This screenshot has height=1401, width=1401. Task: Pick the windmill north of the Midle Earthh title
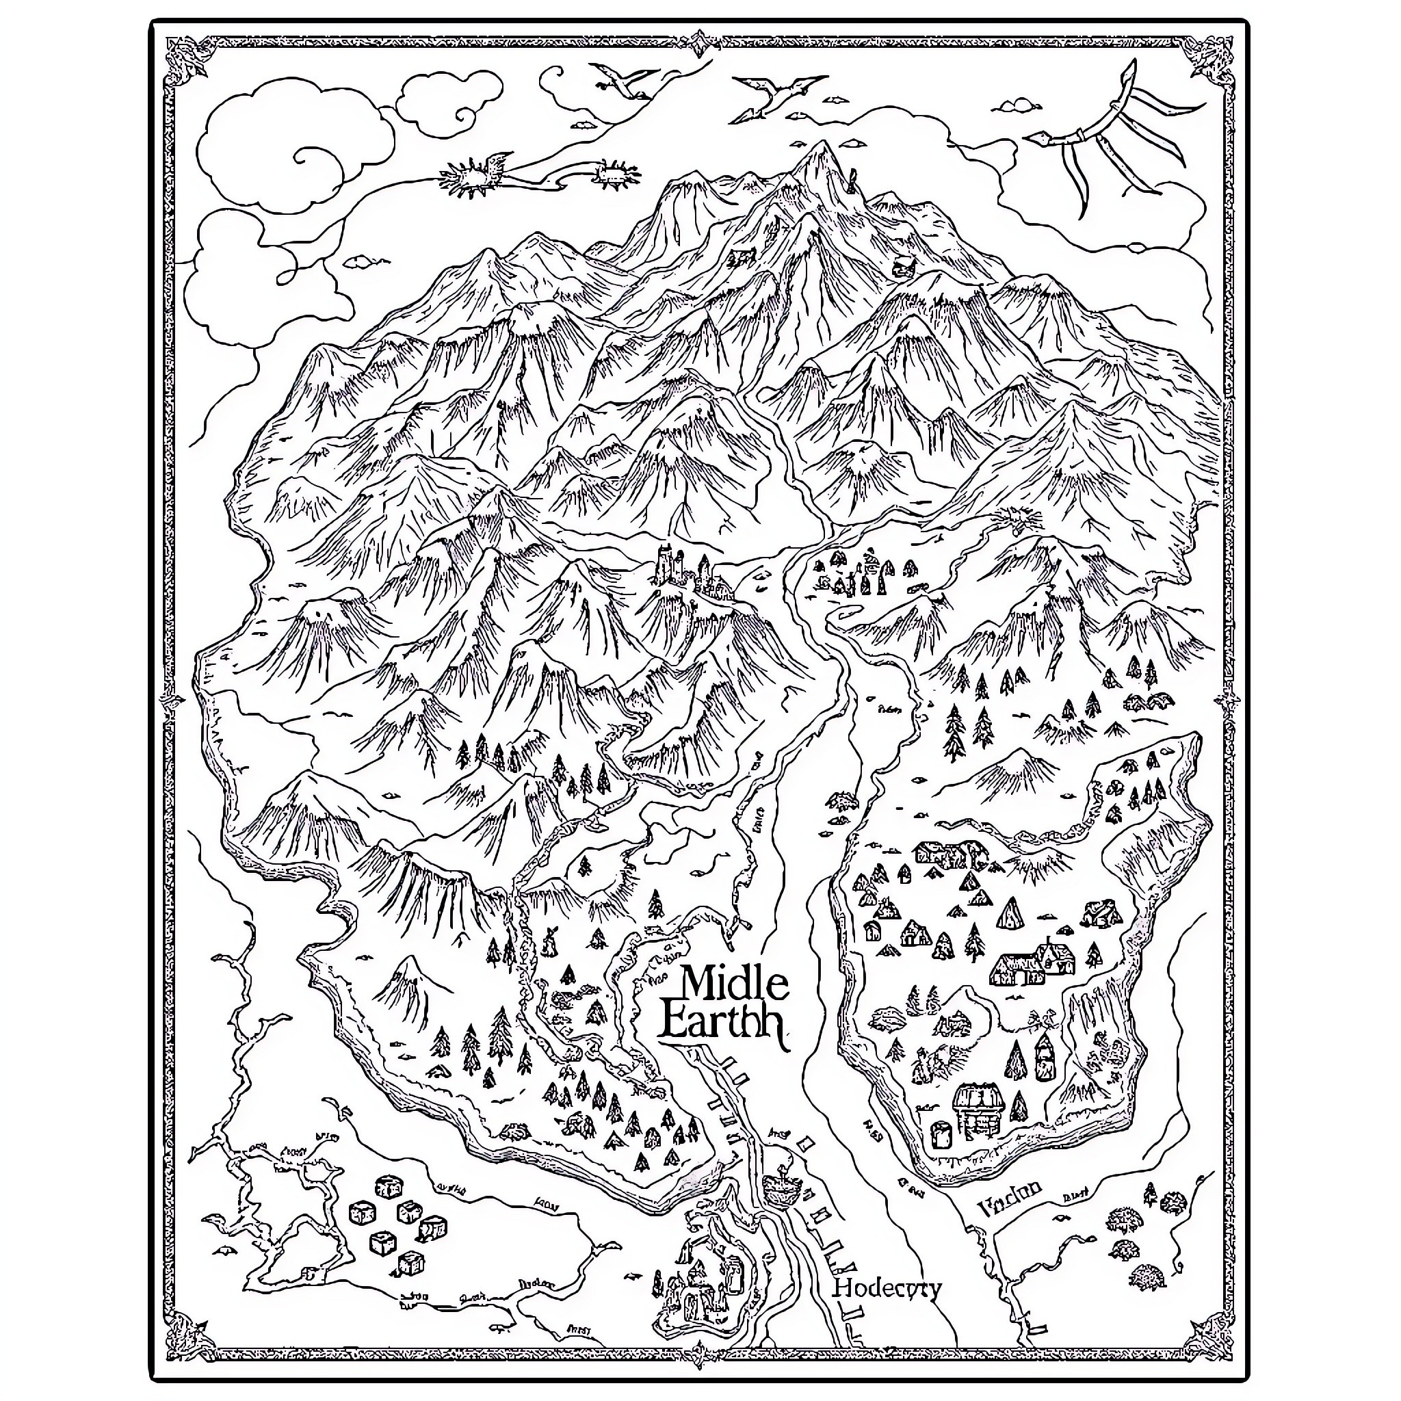(x=549, y=941)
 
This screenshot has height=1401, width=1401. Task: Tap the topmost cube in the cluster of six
(x=384, y=1186)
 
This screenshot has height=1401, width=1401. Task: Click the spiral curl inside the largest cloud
(x=309, y=157)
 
